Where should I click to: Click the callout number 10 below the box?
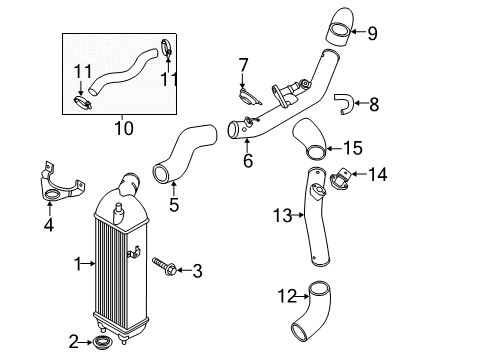(x=124, y=127)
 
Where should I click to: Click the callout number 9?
(x=372, y=35)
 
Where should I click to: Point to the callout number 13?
(x=283, y=214)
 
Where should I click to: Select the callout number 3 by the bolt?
(x=197, y=269)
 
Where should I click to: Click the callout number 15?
(x=352, y=148)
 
